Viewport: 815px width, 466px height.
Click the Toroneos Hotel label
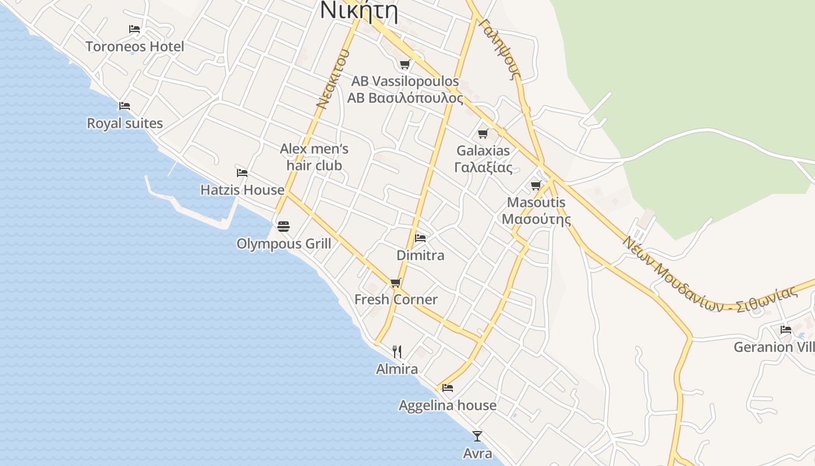(x=134, y=47)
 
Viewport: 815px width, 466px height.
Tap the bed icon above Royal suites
(x=124, y=106)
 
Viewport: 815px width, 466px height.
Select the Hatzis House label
(x=242, y=190)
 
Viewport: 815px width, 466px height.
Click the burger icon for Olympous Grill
(x=284, y=226)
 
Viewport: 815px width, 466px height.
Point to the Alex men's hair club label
(x=314, y=157)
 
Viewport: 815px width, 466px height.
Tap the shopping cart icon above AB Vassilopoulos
(x=405, y=64)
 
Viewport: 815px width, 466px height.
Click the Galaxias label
(x=483, y=151)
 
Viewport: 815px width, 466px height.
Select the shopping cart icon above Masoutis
(x=536, y=186)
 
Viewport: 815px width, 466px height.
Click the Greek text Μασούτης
(x=536, y=220)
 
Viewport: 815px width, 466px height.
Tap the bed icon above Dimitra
(x=420, y=238)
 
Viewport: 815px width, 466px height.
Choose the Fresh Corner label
(x=396, y=299)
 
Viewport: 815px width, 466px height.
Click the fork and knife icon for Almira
(x=397, y=351)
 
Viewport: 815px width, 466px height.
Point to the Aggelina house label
(x=448, y=405)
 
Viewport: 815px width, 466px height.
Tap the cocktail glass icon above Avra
(x=477, y=436)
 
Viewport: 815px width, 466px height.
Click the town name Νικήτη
(x=359, y=12)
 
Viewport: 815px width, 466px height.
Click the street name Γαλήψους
(x=499, y=48)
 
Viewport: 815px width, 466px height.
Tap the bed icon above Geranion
(x=786, y=330)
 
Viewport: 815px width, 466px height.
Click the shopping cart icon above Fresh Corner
(x=396, y=283)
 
